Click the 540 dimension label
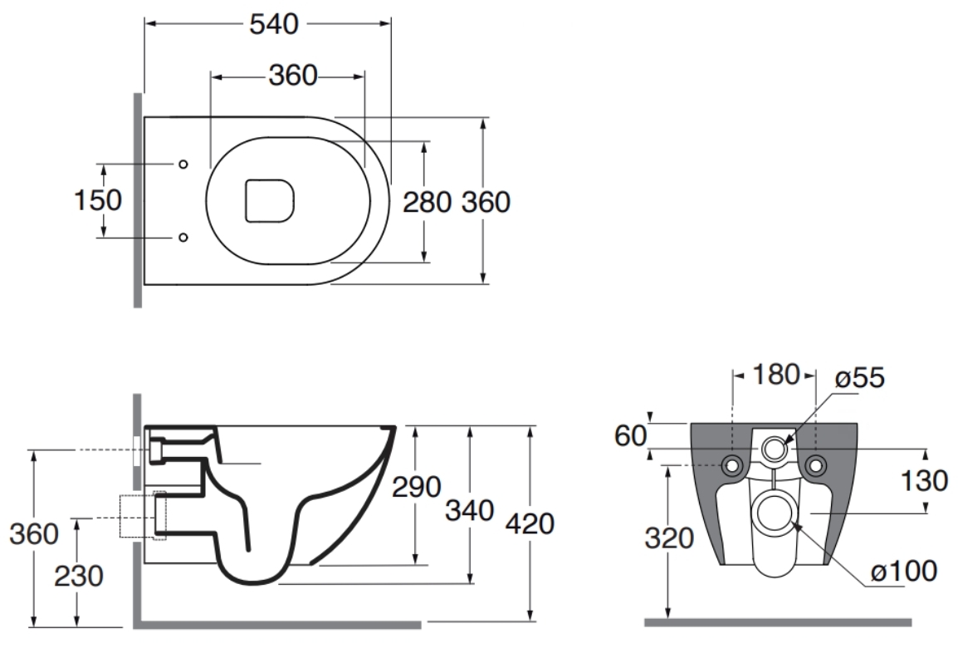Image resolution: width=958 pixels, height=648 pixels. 274,24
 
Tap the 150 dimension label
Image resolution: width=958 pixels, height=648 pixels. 98,200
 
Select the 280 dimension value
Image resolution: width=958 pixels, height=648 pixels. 427,203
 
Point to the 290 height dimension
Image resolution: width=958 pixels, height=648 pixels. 416,487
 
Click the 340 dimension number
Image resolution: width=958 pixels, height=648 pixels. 469,510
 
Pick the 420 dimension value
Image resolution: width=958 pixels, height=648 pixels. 530,524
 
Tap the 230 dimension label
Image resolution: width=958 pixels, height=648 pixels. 79,576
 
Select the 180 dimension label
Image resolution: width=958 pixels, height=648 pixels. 775,375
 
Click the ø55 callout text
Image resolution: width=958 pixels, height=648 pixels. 860,378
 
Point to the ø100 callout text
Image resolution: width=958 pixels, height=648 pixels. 904,572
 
